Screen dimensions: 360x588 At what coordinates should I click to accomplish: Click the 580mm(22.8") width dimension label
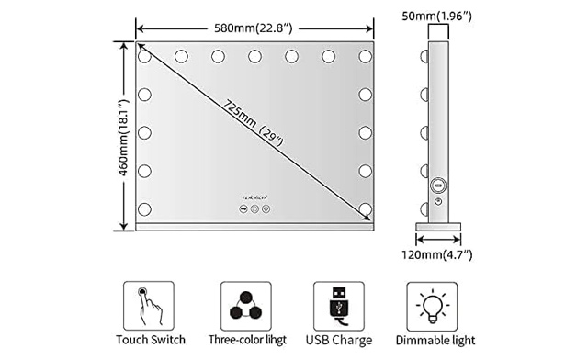pos(253,27)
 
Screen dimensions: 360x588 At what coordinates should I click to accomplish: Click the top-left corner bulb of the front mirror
pos(144,56)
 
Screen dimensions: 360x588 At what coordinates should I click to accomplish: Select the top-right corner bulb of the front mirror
pos(365,56)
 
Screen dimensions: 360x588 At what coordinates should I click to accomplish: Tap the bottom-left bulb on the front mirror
pos(144,208)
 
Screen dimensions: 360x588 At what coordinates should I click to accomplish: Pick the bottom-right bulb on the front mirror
pos(365,208)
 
